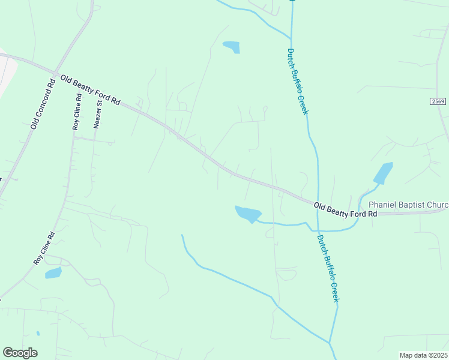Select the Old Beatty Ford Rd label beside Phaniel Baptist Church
346,210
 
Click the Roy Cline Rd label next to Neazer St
76,112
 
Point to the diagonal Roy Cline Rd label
44,248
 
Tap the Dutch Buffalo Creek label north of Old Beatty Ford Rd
298,82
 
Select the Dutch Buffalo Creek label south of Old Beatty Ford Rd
328,267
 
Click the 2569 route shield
438,102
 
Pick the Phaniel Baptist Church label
408,205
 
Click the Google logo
20,353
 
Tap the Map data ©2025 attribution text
423,355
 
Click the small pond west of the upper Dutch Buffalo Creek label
232,47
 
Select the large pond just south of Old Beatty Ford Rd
248,214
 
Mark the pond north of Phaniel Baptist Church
383,173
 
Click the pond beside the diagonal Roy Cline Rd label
53,273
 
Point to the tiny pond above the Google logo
37,334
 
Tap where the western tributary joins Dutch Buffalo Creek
330,343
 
